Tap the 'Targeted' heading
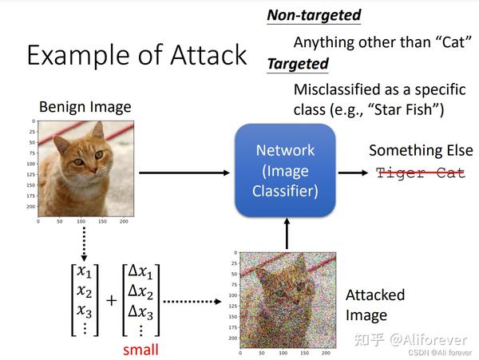coord(297,64)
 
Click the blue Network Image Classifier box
coord(285,171)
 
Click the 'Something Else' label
coord(417,150)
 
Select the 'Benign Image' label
coord(85,106)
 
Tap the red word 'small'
coord(141,350)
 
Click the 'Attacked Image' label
coord(374,304)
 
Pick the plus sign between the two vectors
coord(110,301)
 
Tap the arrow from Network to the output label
coord(350,172)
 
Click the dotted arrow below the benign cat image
coord(84,240)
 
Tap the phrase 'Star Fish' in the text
coord(408,108)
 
